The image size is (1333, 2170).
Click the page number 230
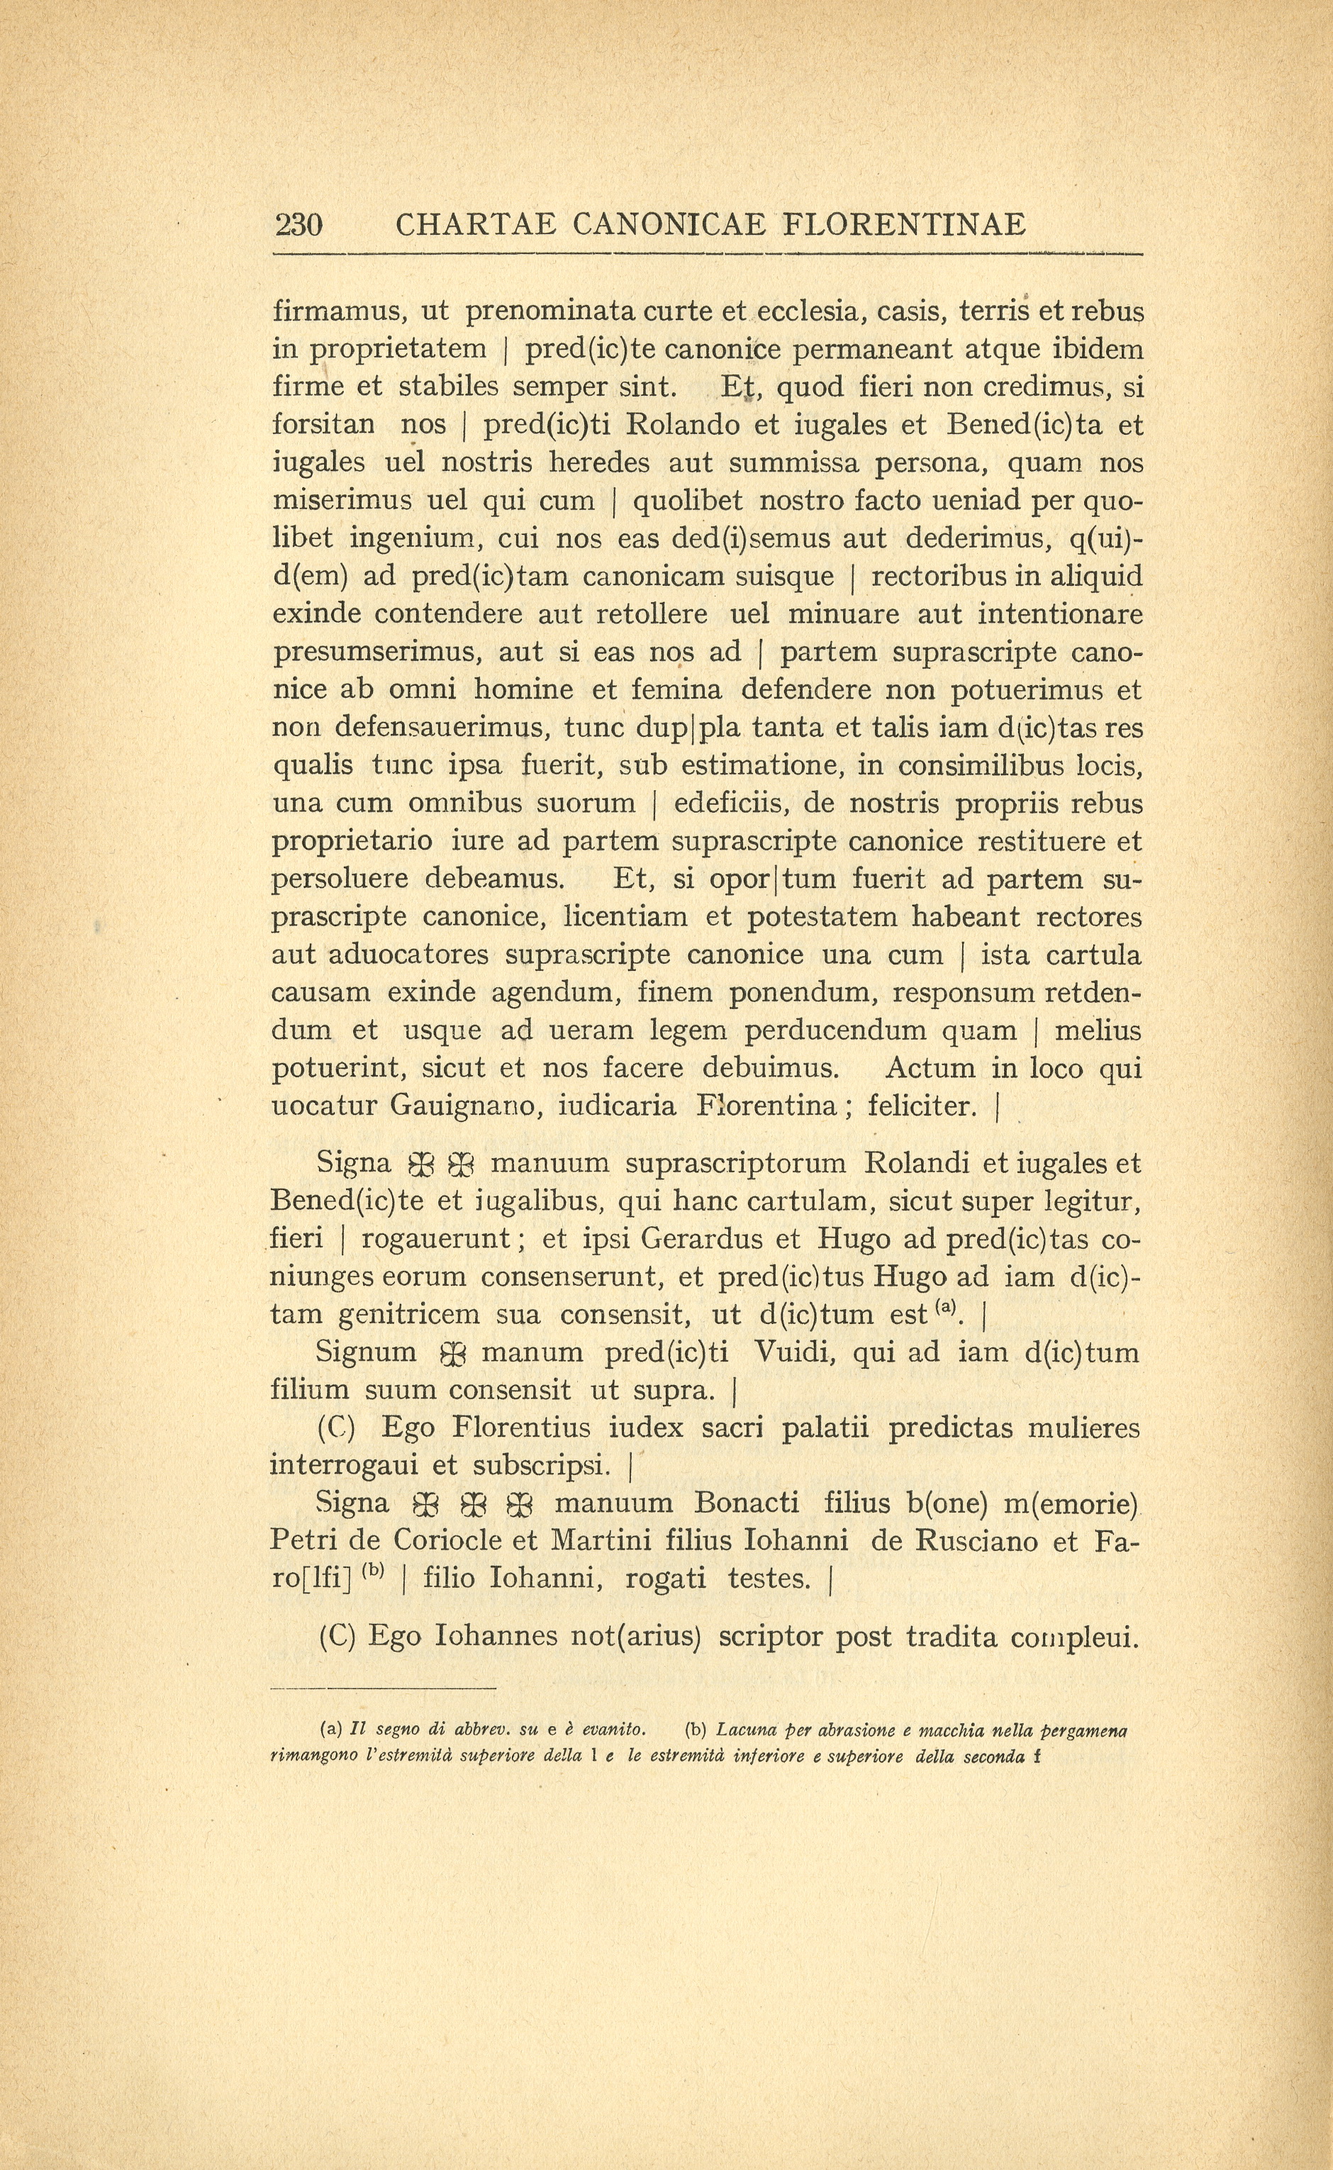coord(299,226)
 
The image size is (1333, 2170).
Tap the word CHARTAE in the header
coord(475,226)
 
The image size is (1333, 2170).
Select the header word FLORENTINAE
coord(905,226)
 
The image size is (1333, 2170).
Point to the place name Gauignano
coord(464,1106)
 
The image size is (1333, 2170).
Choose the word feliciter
coord(922,1106)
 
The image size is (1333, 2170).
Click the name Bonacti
coord(746,1503)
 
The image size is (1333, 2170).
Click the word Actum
coord(930,1069)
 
